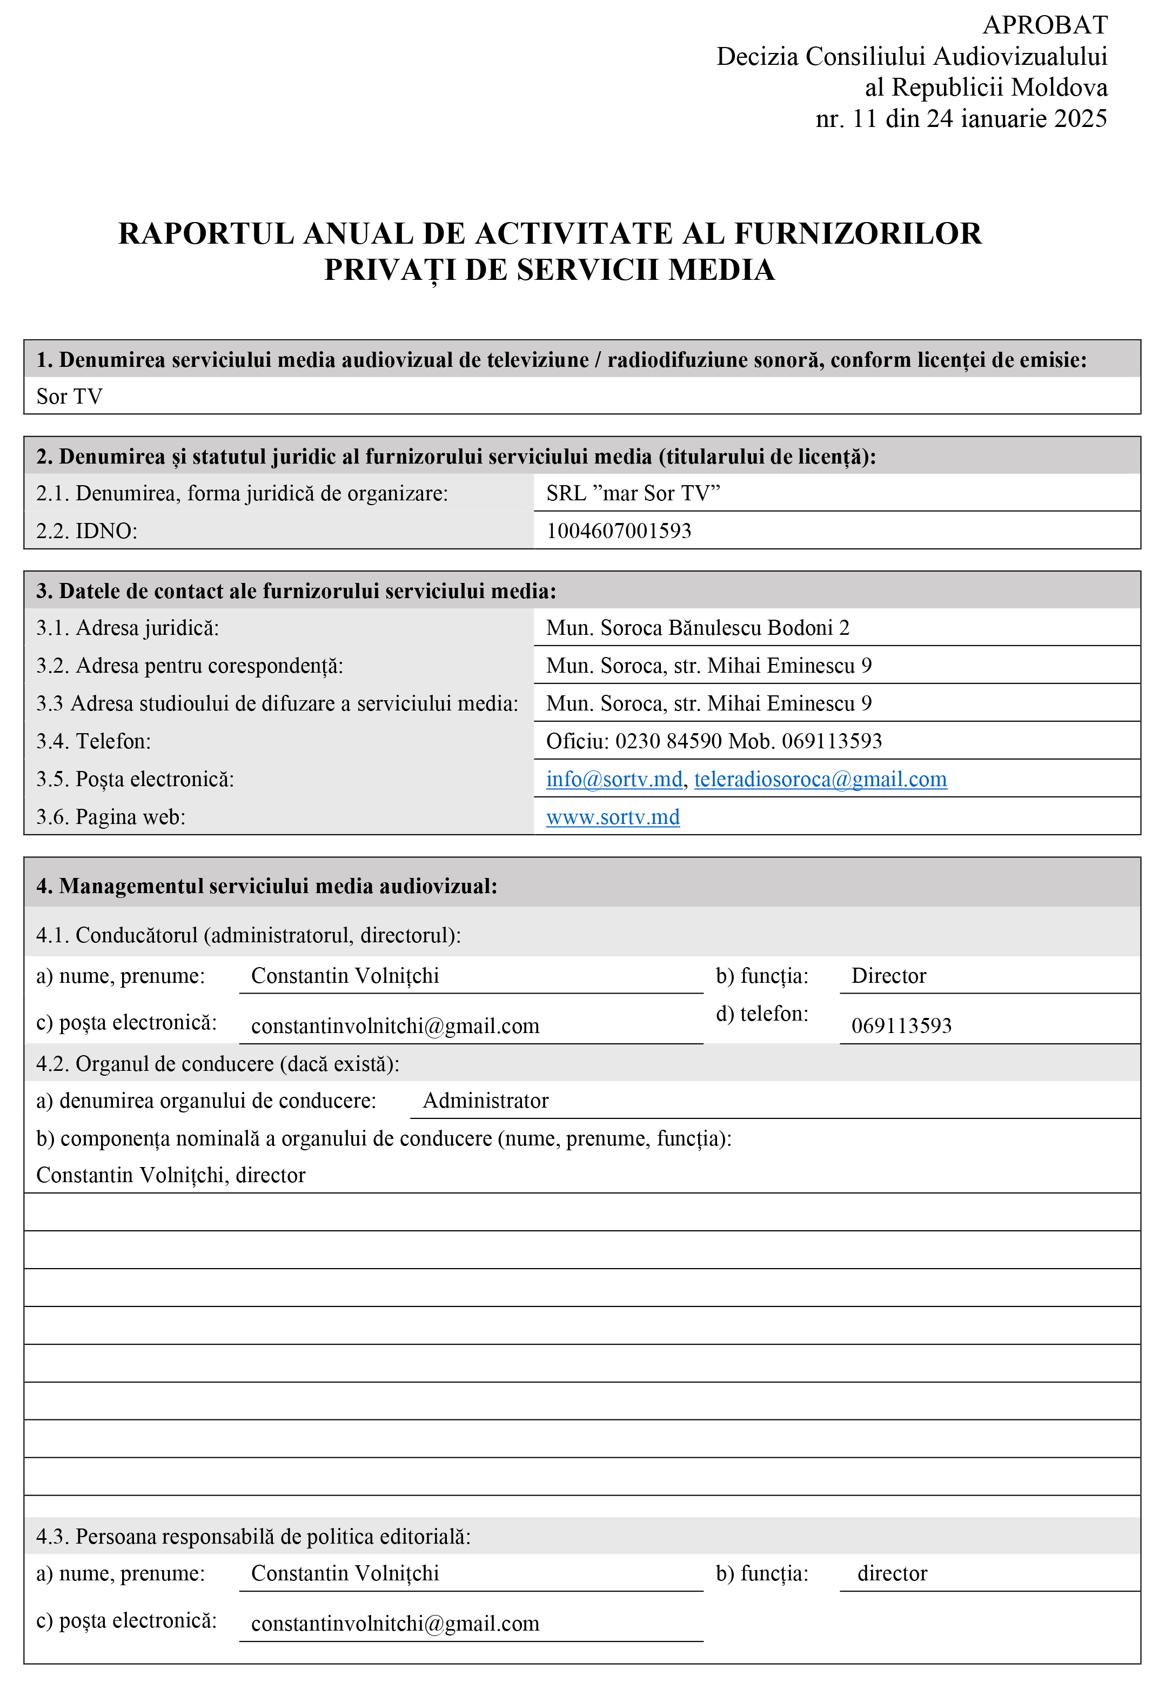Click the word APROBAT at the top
(1044, 25)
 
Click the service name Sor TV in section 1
(70, 397)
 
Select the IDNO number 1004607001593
(619, 531)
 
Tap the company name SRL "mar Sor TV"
(633, 493)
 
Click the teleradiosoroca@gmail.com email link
(820, 779)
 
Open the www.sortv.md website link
(613, 817)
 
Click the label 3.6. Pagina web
(111, 817)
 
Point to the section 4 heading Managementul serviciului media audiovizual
(267, 886)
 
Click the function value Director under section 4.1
(888, 976)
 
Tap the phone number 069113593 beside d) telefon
(901, 1025)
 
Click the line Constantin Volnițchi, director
(171, 1176)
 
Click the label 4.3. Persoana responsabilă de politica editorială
(253, 1537)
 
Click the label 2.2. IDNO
(86, 531)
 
